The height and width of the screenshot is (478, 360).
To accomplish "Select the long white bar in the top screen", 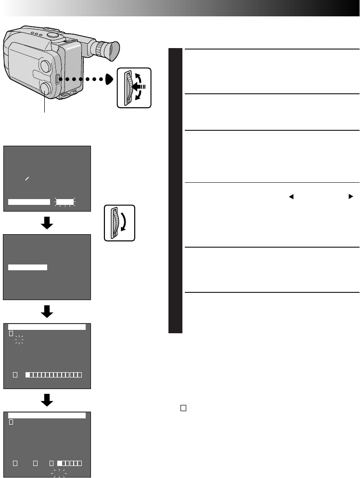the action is coord(29,202).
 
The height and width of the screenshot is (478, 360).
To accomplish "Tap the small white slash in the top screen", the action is coord(27,178).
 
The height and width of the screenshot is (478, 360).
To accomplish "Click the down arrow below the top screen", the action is coord(47,223).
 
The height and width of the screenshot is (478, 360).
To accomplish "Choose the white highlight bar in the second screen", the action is coord(28,267).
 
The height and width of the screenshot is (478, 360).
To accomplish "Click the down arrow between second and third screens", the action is coord(47,312).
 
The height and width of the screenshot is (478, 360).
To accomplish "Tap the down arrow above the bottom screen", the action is coord(47,400).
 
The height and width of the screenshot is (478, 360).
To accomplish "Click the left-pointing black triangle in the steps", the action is coord(291,197).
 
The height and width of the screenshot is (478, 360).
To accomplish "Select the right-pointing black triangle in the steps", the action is coord(351,197).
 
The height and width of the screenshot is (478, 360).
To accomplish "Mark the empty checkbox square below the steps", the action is coord(183,408).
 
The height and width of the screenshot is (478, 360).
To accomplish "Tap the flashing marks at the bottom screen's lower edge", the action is coord(59,472).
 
